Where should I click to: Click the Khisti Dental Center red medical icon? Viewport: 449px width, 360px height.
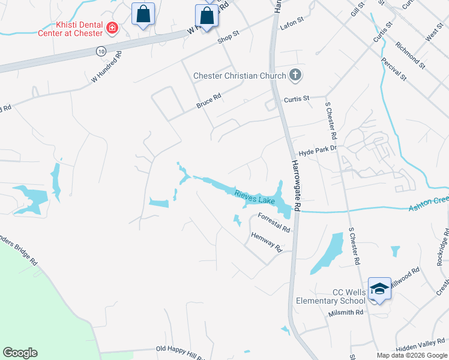tap(112, 28)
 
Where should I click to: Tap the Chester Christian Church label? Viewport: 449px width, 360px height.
tap(240, 76)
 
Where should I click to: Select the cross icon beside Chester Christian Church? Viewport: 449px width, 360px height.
tap(294, 75)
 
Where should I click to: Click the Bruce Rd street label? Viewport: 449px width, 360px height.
tap(209, 100)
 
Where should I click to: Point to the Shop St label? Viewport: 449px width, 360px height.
tap(228, 37)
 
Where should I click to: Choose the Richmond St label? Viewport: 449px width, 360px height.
tap(410, 55)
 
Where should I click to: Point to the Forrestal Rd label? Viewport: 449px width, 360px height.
tap(274, 222)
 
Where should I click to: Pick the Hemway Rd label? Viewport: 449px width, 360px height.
tap(267, 241)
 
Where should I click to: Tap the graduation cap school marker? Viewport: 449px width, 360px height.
tap(379, 289)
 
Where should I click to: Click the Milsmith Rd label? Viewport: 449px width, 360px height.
tap(346, 313)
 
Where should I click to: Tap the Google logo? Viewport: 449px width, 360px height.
tap(20, 353)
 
